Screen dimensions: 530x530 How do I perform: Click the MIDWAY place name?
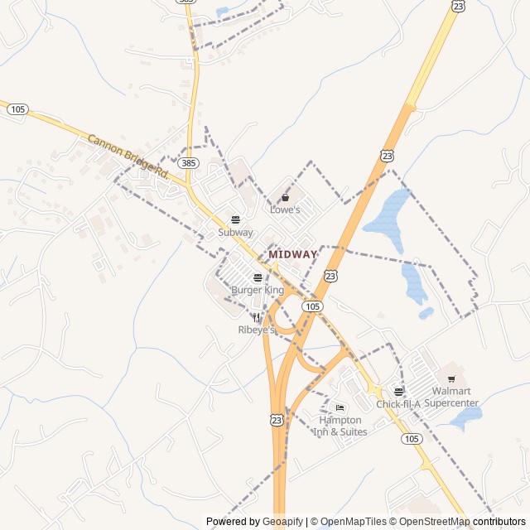tap(292, 254)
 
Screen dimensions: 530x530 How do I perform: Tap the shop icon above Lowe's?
tap(285, 198)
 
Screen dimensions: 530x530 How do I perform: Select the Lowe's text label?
tap(285, 210)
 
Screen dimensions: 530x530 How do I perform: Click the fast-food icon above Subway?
tap(236, 220)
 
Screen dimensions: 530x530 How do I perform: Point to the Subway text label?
tap(236, 233)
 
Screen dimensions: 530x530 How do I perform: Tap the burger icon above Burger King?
tap(258, 277)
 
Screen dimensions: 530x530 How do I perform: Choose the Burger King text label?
tap(258, 290)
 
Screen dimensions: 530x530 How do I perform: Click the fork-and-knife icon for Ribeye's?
tap(257, 317)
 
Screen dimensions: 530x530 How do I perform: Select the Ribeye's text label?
tap(257, 330)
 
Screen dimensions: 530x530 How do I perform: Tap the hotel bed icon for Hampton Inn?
tap(340, 407)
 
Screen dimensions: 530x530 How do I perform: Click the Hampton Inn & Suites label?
tap(340, 426)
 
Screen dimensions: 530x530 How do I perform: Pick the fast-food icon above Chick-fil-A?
tap(399, 392)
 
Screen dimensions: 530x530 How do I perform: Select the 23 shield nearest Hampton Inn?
tap(275, 421)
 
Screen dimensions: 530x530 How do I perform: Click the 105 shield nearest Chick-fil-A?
tap(412, 438)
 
